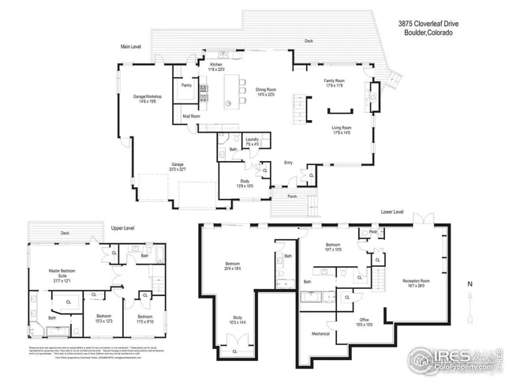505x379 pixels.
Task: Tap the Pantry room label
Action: coord(187,84)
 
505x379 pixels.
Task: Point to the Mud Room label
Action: coord(191,116)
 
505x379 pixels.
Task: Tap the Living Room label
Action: coord(341,128)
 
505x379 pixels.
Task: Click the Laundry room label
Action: coord(252,139)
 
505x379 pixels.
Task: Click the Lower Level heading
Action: coord(392,212)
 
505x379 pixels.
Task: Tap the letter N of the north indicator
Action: coord(469,283)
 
